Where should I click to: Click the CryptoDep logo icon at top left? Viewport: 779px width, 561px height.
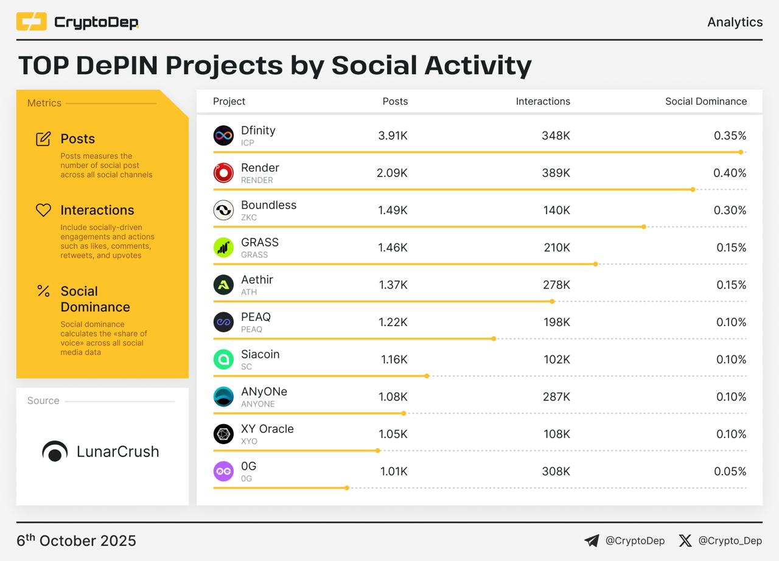31,22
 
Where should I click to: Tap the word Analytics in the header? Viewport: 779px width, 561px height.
735,22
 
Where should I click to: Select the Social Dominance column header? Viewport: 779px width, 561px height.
705,102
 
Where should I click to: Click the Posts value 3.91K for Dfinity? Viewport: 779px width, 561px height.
393,136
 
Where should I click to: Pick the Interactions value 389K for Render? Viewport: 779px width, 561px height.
556,173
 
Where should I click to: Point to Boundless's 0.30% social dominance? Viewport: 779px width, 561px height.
730,210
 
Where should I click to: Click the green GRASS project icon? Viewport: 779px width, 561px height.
223,248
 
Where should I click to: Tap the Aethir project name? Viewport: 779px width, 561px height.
257,279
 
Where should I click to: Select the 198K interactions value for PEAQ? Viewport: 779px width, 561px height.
557,322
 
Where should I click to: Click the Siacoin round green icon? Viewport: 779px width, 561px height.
223,360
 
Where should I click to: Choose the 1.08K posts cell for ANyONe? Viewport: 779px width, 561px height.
393,397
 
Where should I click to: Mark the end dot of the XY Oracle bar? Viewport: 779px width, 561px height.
378,451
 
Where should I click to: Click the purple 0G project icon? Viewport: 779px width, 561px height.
223,472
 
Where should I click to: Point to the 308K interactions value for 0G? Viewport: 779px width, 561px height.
556,472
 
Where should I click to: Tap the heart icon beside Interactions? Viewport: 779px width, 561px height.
43,210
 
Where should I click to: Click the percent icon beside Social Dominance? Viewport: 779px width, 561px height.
43,291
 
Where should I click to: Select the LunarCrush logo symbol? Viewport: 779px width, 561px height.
55,451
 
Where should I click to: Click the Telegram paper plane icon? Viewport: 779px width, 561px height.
592,541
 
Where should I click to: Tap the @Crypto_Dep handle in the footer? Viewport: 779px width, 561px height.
730,541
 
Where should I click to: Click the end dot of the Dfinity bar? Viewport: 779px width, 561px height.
741,152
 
